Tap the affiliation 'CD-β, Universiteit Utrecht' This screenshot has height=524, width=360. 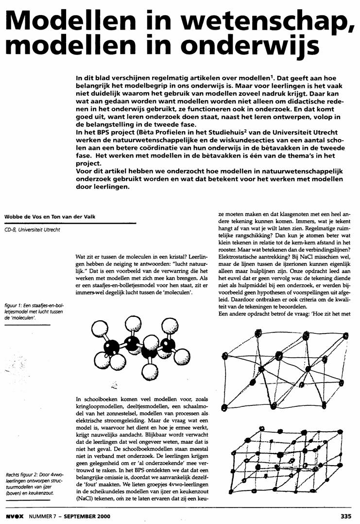pyautogui.click(x=32, y=229)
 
